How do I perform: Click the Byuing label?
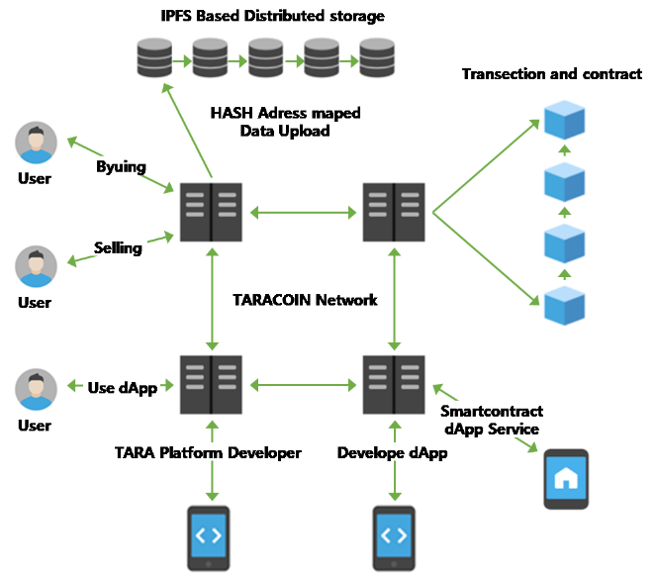[121, 166]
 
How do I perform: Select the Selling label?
[118, 246]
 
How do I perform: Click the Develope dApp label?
[394, 452]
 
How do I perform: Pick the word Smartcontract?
[492, 411]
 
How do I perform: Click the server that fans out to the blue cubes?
[395, 211]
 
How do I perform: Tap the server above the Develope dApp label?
[395, 384]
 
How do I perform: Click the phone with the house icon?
[566, 480]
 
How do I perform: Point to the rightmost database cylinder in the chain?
[376, 57]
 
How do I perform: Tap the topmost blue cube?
[564, 120]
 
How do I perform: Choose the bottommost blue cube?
[564, 305]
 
